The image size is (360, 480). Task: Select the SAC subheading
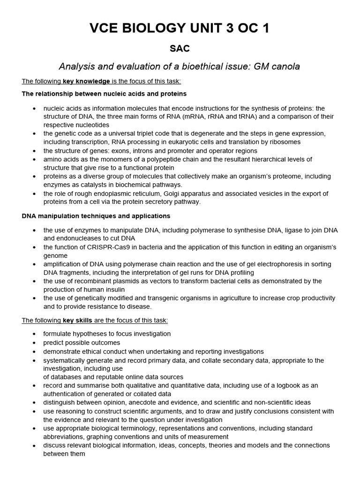pyautogui.click(x=180, y=49)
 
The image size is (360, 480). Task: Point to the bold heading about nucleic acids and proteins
pyautogui.click(x=104, y=94)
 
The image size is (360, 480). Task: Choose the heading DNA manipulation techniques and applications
pyautogui.click(x=96, y=216)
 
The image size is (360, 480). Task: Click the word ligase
pyautogui.click(x=280, y=230)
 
